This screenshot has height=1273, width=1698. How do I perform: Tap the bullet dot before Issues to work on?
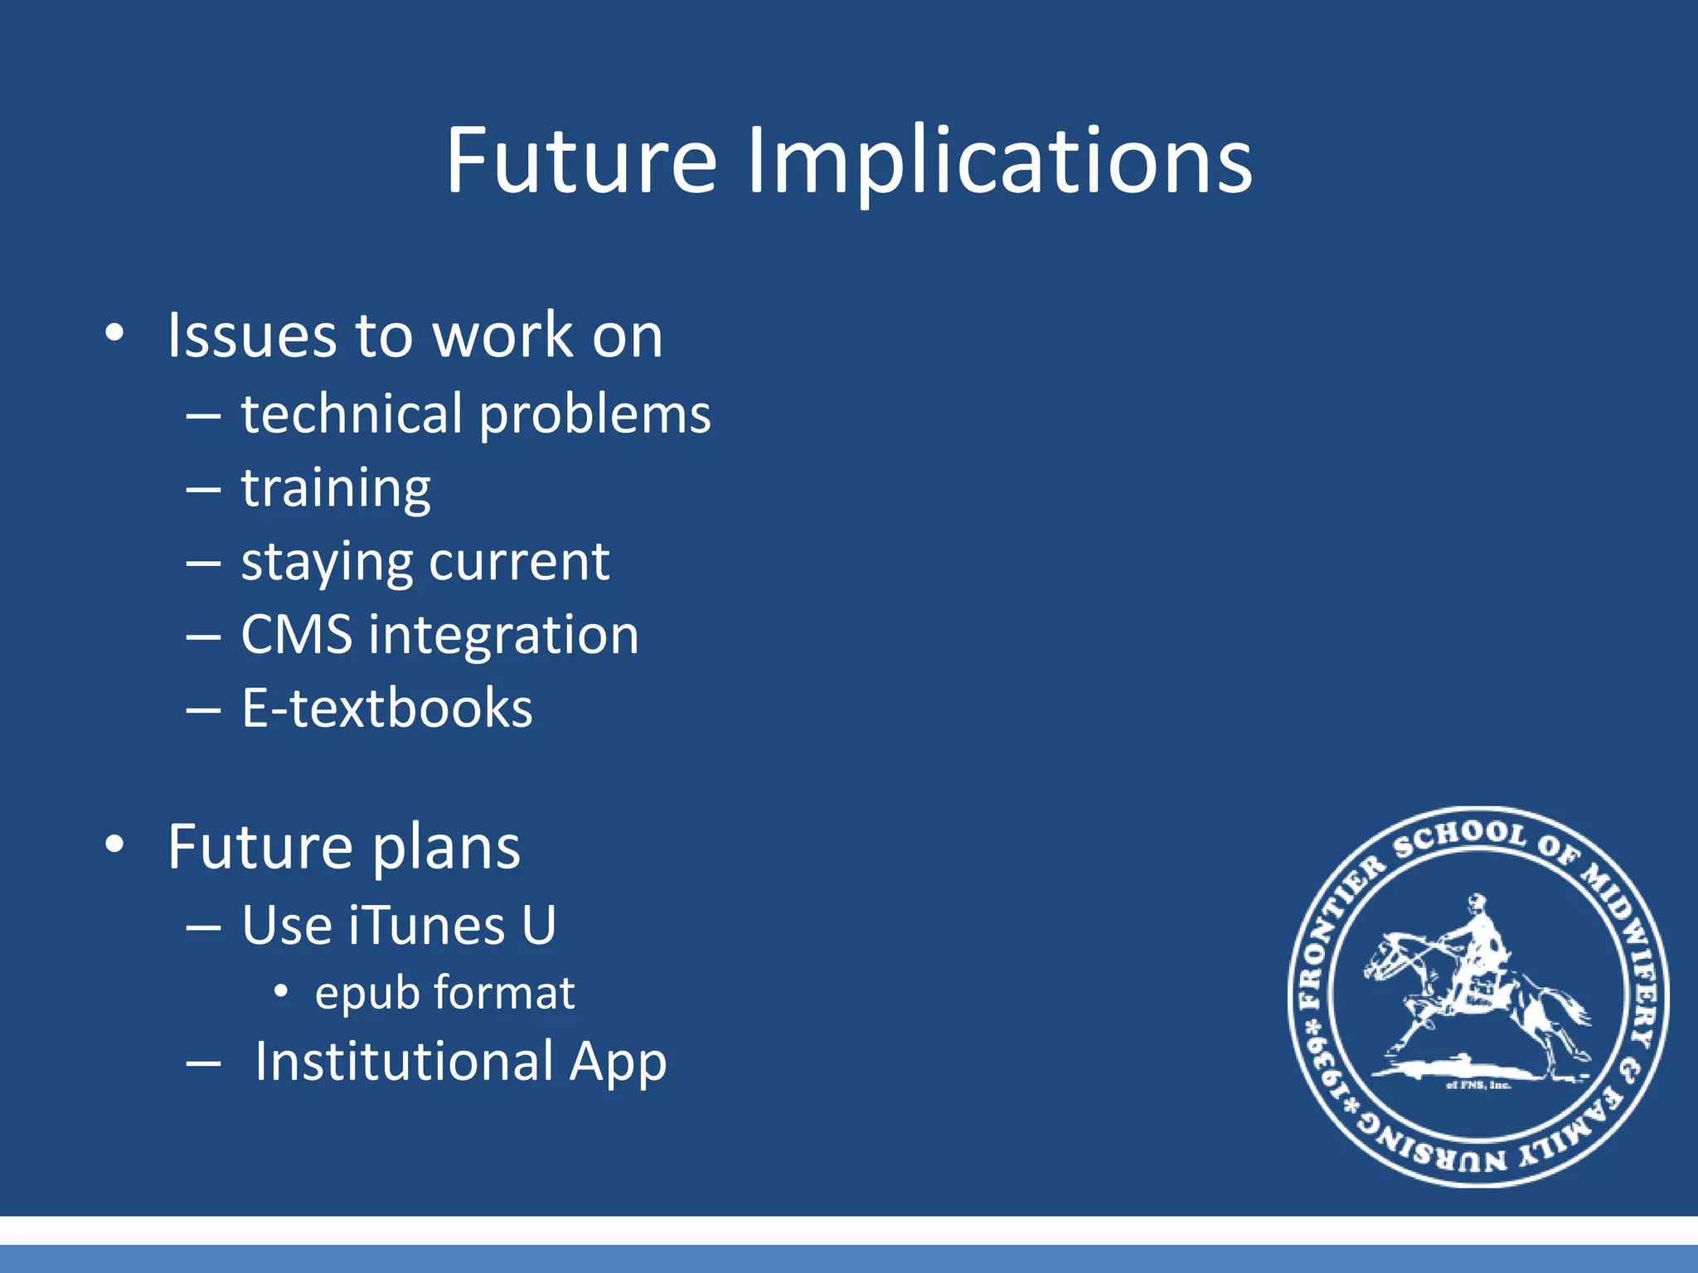[x=114, y=333]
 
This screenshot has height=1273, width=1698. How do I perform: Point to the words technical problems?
[x=475, y=414]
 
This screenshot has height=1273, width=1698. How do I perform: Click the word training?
[x=336, y=488]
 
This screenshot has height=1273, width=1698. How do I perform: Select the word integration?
[x=503, y=636]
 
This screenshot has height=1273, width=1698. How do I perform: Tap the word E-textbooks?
[x=386, y=709]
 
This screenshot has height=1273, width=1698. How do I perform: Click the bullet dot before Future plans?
[x=114, y=845]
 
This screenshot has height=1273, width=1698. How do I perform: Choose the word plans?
[x=445, y=849]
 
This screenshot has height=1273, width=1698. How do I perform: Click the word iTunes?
[x=426, y=925]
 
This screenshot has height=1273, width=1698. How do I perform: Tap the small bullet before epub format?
[x=281, y=991]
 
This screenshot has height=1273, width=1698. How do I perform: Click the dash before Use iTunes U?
[x=203, y=927]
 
